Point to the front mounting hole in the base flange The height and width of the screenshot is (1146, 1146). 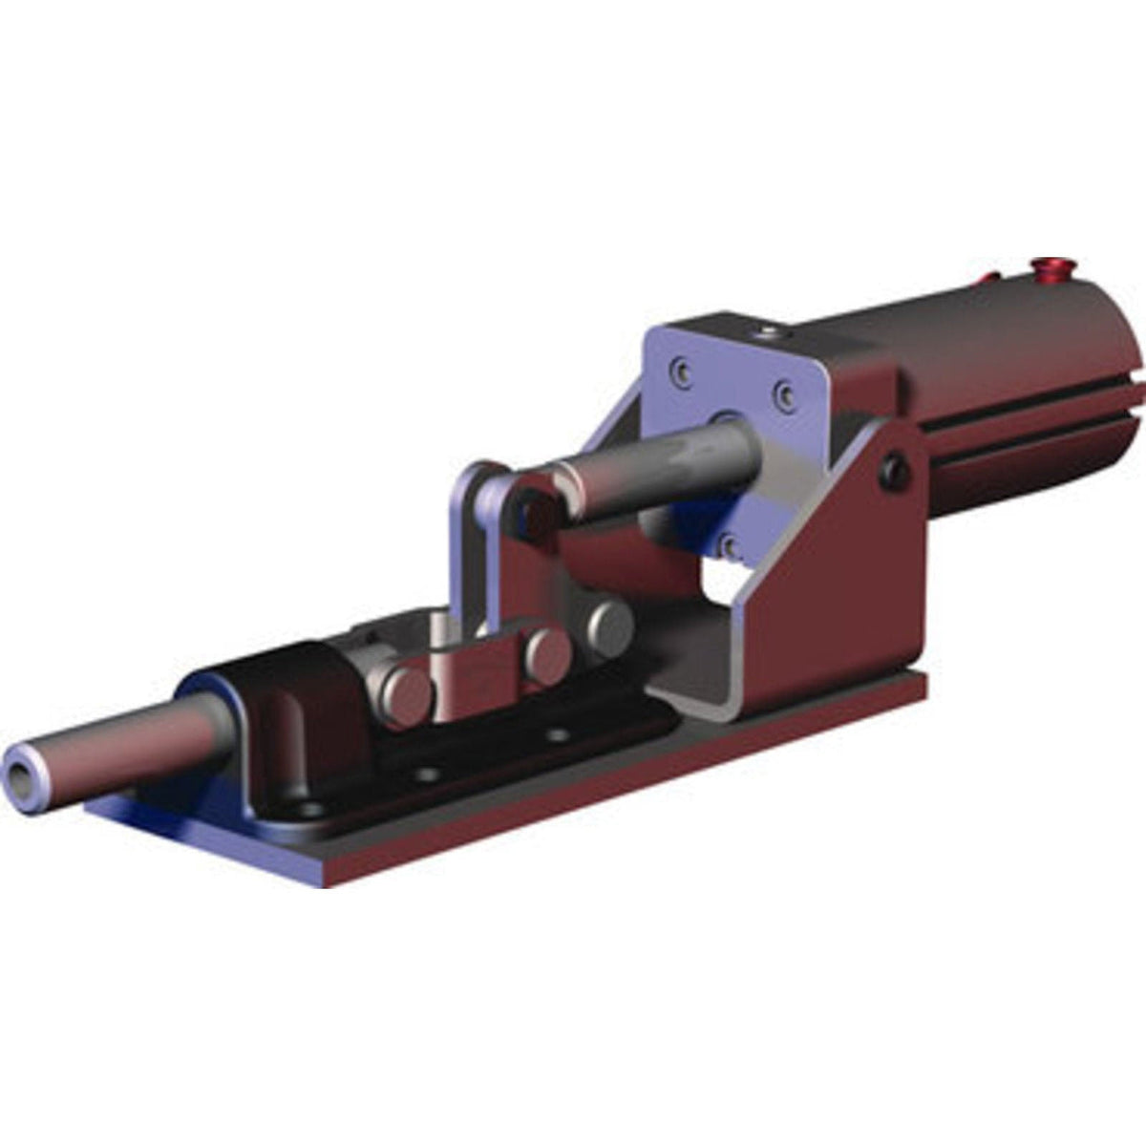(x=308, y=809)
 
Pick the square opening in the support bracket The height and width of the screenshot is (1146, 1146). (x=721, y=583)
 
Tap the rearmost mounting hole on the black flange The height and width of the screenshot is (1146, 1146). (x=558, y=735)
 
